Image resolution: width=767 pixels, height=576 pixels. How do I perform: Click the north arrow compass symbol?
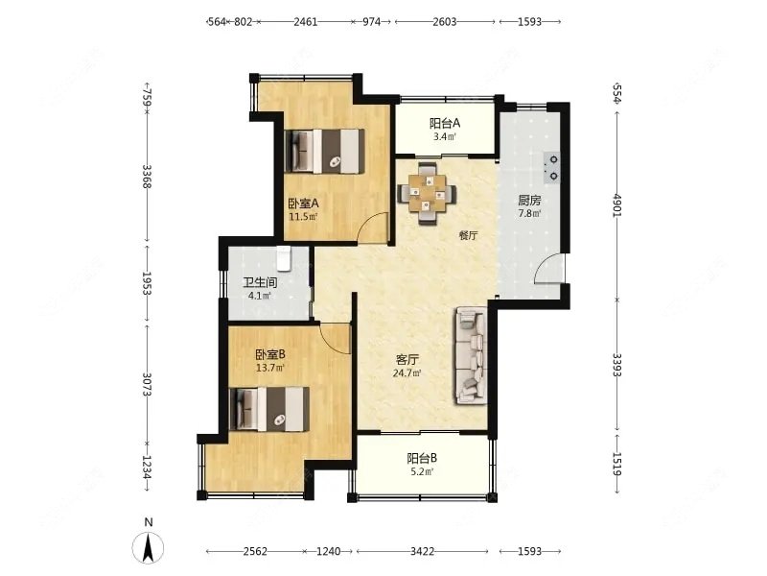149,547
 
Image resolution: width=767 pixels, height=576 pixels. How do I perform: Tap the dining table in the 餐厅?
427,194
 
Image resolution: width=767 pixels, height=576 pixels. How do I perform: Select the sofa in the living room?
472,355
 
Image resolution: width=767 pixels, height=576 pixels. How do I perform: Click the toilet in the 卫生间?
284,258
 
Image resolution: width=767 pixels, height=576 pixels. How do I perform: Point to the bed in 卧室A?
325,152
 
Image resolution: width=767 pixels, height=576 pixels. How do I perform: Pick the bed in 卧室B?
269,410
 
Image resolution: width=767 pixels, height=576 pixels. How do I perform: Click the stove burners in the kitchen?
553,166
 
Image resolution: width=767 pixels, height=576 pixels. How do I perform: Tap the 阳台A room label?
445,124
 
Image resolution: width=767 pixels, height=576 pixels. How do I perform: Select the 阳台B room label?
422,459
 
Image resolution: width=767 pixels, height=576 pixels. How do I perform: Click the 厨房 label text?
529,201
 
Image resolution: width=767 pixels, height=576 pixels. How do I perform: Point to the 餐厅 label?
468,235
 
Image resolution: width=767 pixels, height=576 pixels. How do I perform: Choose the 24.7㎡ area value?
407,373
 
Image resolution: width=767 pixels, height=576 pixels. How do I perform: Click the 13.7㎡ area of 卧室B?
270,368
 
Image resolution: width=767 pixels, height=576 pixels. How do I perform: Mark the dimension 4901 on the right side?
616,205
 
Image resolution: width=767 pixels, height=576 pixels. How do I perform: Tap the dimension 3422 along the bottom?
422,551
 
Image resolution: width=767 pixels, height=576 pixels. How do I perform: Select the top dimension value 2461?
306,21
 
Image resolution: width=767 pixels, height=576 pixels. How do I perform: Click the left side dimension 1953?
147,283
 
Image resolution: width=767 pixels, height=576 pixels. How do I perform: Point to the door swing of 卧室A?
372,228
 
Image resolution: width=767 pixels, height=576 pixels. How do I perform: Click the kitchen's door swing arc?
548,269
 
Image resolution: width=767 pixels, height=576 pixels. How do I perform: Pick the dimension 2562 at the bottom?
255,551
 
